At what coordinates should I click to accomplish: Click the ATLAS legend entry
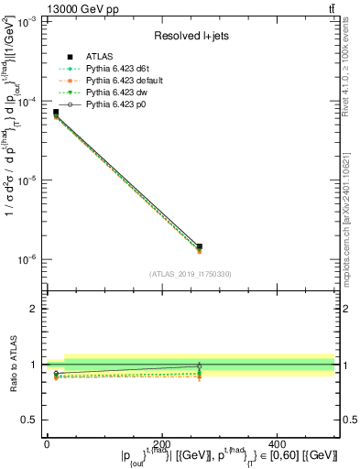click(x=100, y=59)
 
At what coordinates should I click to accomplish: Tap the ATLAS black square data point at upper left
click(x=56, y=113)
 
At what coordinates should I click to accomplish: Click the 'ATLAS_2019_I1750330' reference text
click(x=191, y=273)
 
